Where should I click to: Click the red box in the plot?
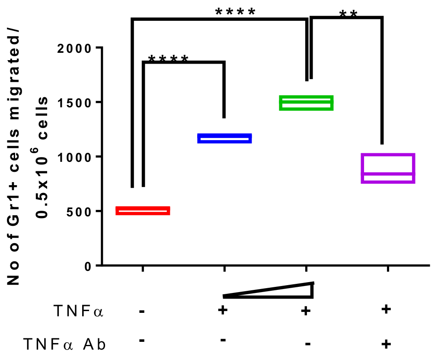143,211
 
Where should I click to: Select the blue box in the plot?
224,138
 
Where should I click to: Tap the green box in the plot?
306,103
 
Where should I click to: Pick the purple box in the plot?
388,168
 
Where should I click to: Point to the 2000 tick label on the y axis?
77,48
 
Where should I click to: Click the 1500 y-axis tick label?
77,102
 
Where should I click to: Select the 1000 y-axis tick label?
77,157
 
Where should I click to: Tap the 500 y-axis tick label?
80,211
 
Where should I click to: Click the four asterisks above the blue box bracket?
168,59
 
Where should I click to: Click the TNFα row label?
78,311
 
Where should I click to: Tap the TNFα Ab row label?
64,345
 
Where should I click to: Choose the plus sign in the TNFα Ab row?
387,344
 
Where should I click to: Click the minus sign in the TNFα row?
141,311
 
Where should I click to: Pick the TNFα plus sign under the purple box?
387,309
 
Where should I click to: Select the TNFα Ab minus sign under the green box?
308,344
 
